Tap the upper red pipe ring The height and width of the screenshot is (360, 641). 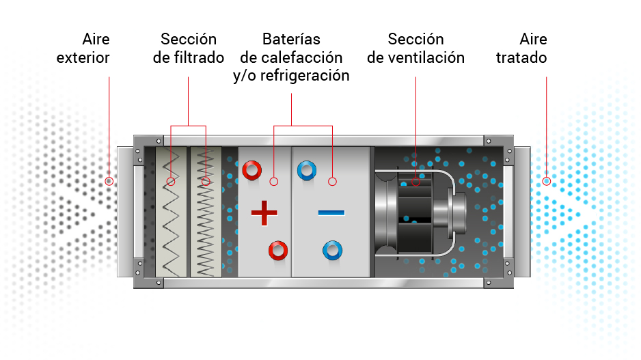(x=251, y=169)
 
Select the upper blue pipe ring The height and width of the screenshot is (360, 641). (x=306, y=169)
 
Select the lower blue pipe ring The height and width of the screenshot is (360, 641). (x=332, y=250)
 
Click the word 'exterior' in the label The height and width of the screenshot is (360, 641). (x=83, y=58)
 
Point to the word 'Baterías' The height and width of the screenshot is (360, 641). (x=291, y=40)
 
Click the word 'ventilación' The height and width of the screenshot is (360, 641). (x=425, y=58)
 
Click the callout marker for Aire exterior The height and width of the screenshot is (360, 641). (x=109, y=182)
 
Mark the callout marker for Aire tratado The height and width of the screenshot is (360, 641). (x=546, y=182)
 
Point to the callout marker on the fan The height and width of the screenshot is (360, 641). (x=415, y=182)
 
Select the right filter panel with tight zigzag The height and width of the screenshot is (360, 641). (x=205, y=212)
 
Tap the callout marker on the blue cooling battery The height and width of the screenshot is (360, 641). (x=332, y=182)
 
